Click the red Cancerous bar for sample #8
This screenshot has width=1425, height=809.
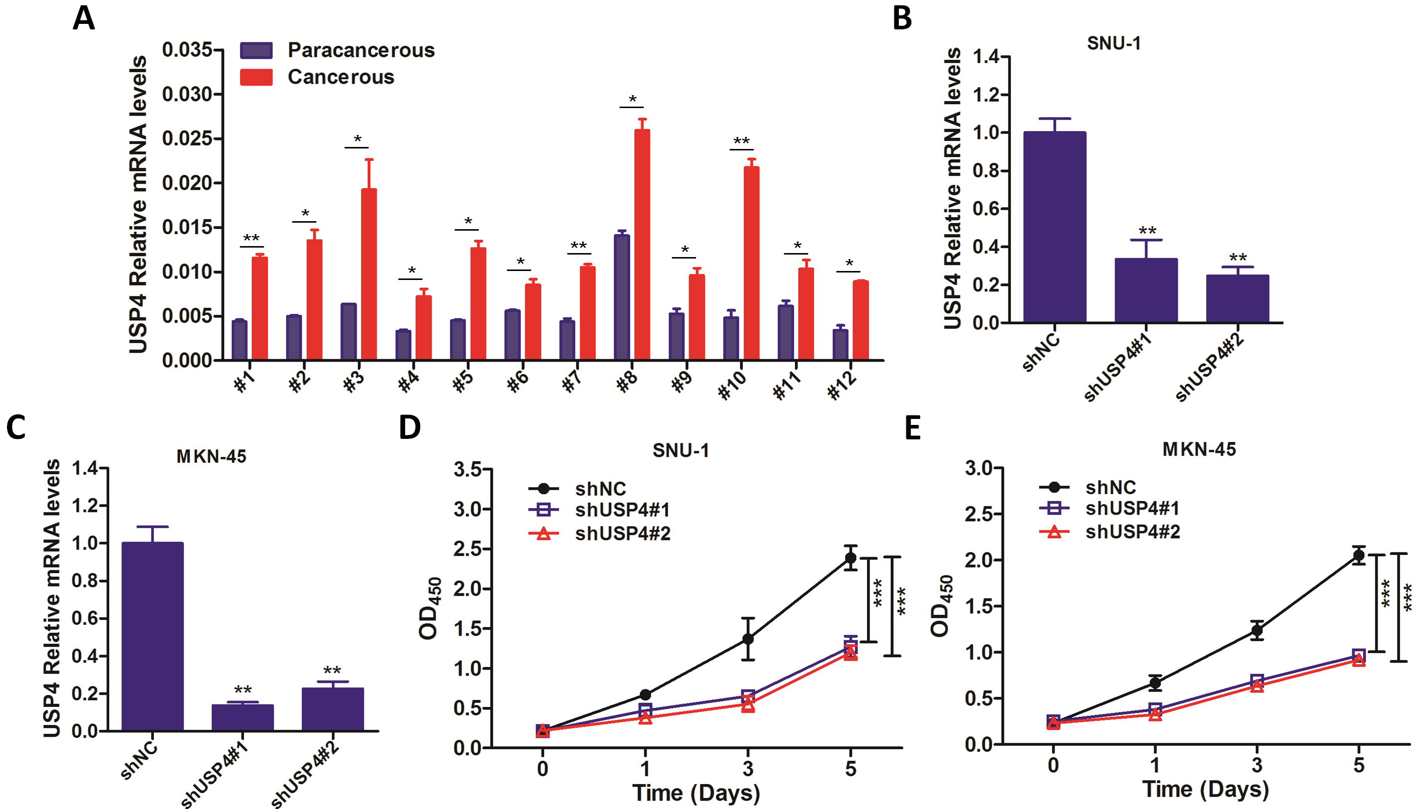642,245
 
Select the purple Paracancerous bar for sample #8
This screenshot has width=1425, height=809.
622,297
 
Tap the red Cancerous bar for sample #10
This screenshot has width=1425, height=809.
751,264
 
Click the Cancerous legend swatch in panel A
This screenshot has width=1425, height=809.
256,77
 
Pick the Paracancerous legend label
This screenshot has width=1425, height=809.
361,50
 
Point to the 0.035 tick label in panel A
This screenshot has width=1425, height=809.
187,49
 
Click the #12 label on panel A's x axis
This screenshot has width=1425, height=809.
842,385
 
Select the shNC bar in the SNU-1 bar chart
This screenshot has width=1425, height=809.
1054,227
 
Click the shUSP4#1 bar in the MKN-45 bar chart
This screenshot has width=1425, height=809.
242,717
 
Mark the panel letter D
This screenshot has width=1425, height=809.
410,427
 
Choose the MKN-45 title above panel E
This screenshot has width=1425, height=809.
1199,449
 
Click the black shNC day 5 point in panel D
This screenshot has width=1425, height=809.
851,558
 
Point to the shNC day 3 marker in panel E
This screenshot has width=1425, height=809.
1257,630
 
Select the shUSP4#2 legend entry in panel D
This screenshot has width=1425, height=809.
622,534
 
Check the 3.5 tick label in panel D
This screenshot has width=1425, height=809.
467,469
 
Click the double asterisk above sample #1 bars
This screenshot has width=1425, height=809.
251,238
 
